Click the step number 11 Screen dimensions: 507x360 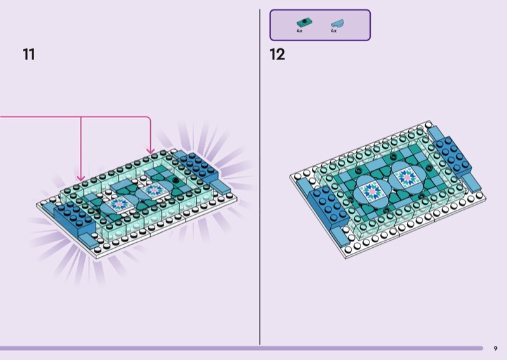click(29, 55)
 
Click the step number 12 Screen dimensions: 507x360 click(277, 55)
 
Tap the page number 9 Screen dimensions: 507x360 click(496, 349)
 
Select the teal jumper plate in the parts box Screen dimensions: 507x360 click(304, 23)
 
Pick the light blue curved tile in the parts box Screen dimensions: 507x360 click(337, 23)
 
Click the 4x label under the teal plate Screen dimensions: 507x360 click(299, 30)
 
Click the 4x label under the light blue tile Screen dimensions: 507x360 click(334, 30)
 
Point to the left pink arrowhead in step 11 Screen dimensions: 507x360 click(81, 178)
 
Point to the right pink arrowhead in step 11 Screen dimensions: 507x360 click(150, 151)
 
